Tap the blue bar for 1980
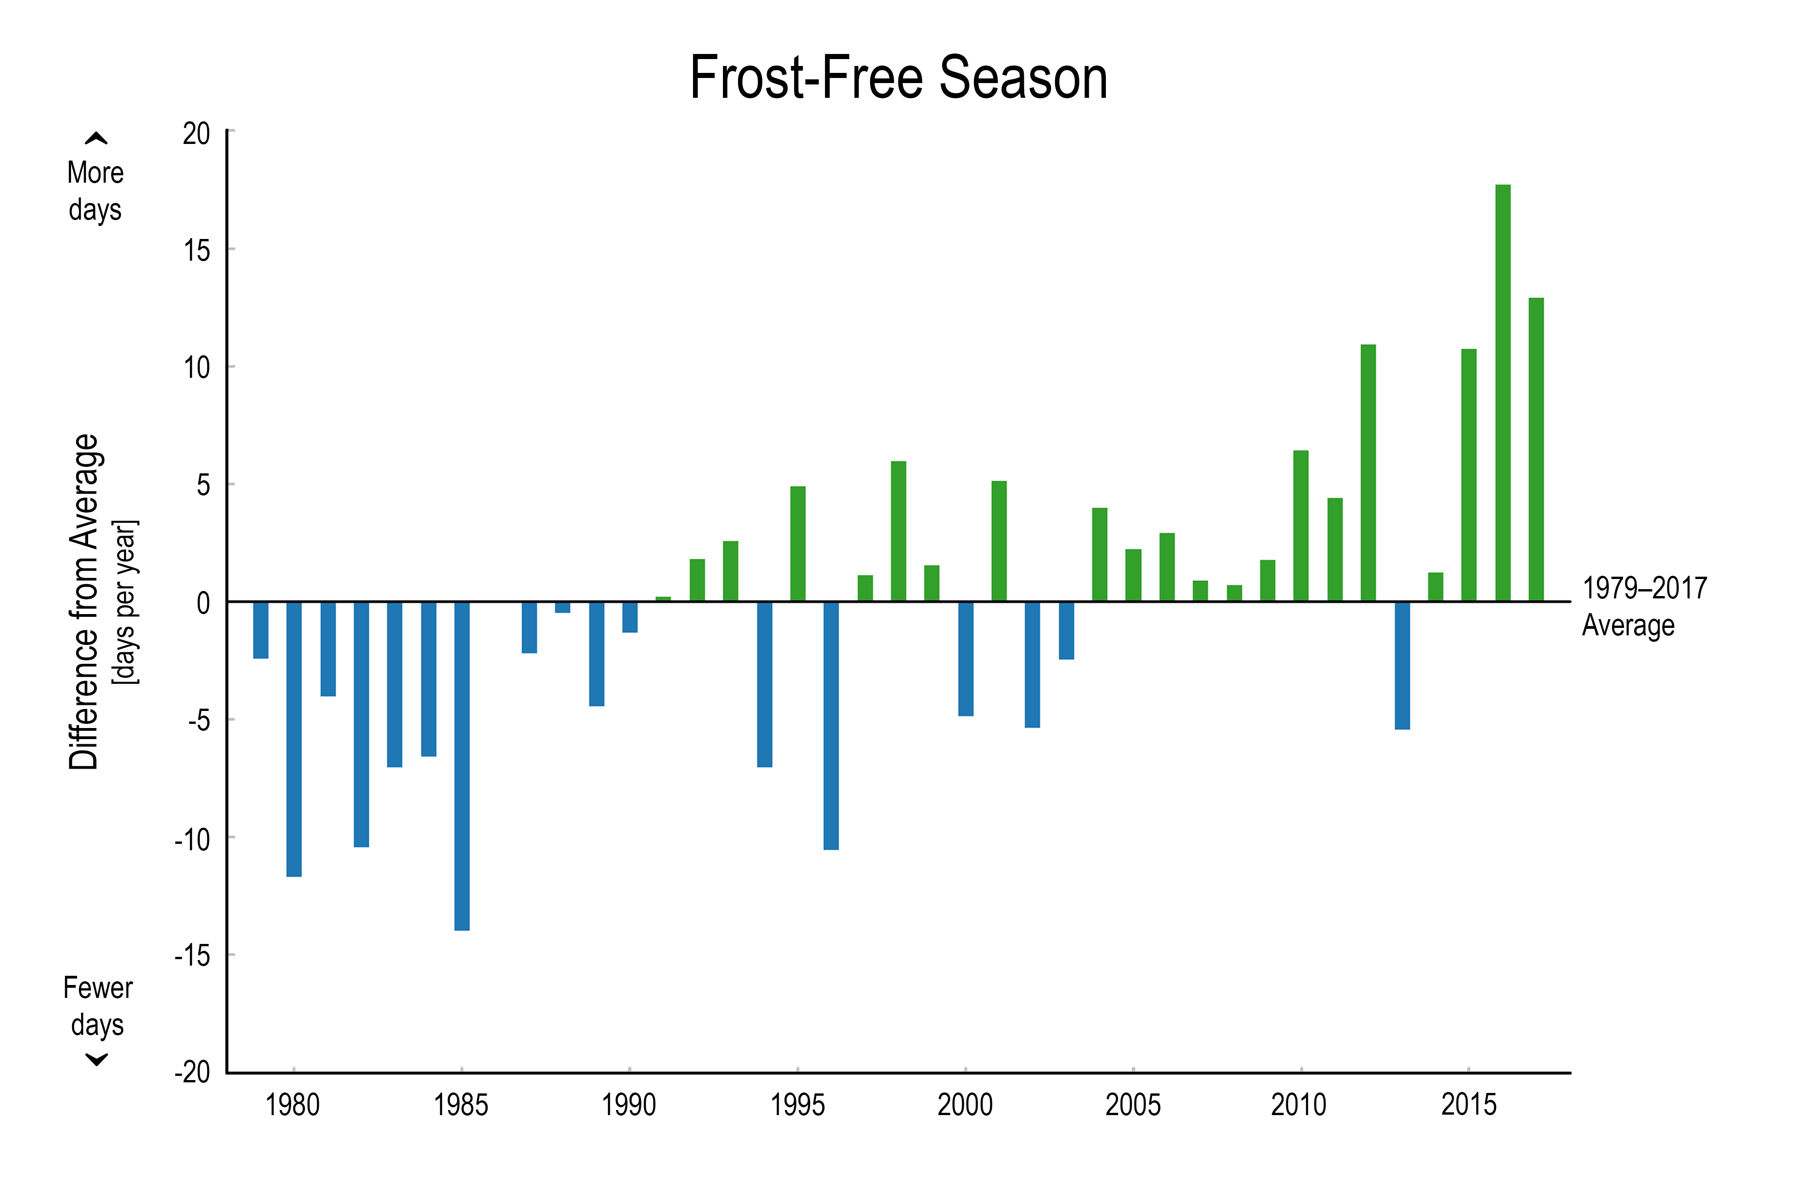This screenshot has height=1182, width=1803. [294, 739]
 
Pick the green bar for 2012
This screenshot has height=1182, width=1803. [1368, 473]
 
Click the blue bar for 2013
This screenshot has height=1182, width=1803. [1402, 665]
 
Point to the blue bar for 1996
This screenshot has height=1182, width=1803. [831, 725]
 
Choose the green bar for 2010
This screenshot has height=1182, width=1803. [1301, 526]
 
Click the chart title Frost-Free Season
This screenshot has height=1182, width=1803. [898, 78]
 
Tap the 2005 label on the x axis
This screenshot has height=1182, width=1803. [1133, 1104]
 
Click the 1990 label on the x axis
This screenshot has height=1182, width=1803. [629, 1104]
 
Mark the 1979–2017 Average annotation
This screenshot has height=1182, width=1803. [1644, 606]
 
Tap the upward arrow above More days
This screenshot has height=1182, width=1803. [96, 138]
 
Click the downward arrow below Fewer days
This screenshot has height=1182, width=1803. [96, 1059]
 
